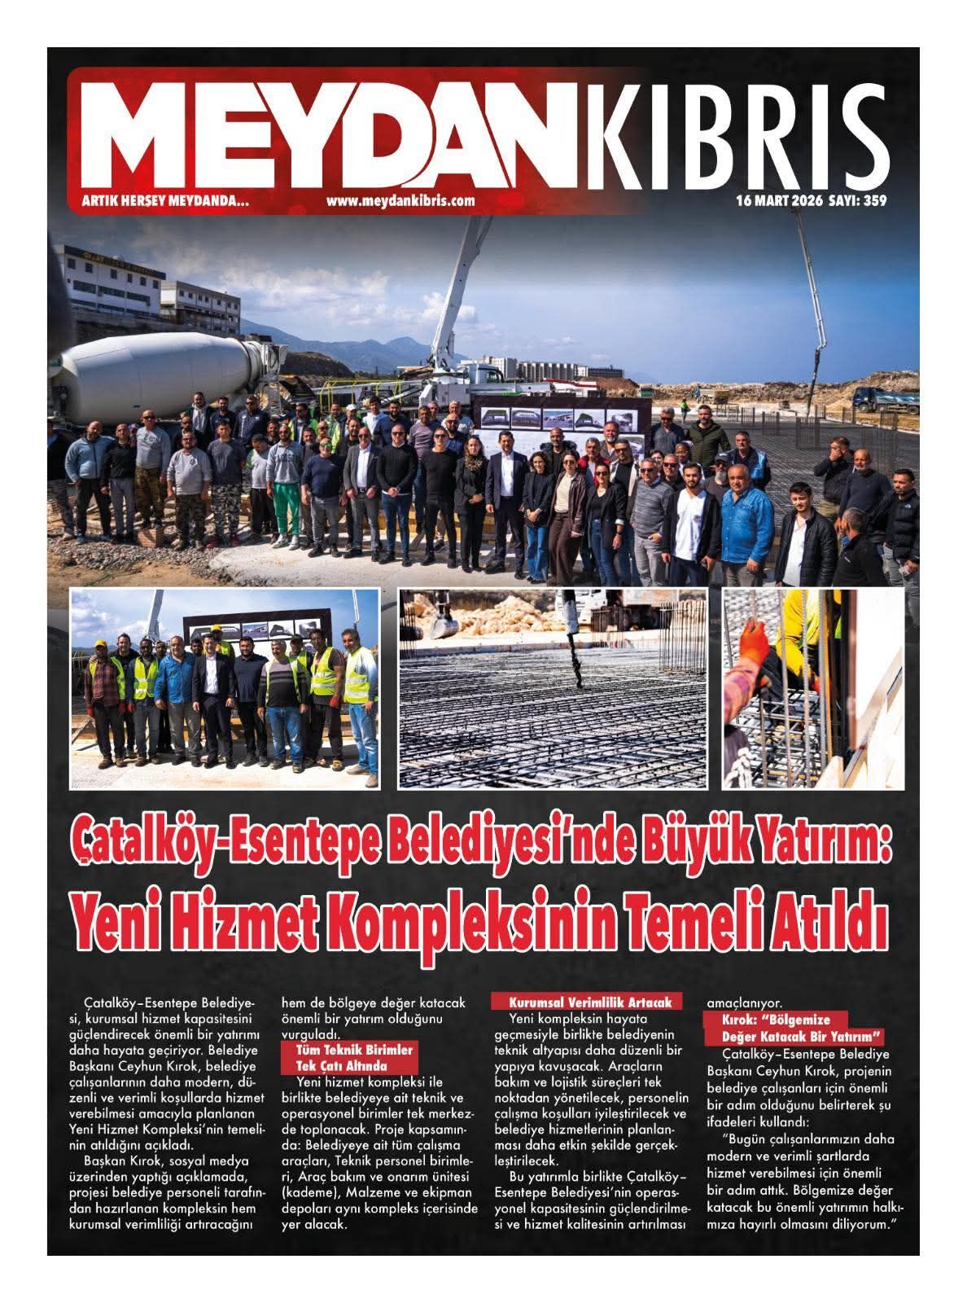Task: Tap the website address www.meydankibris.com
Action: (400, 200)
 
